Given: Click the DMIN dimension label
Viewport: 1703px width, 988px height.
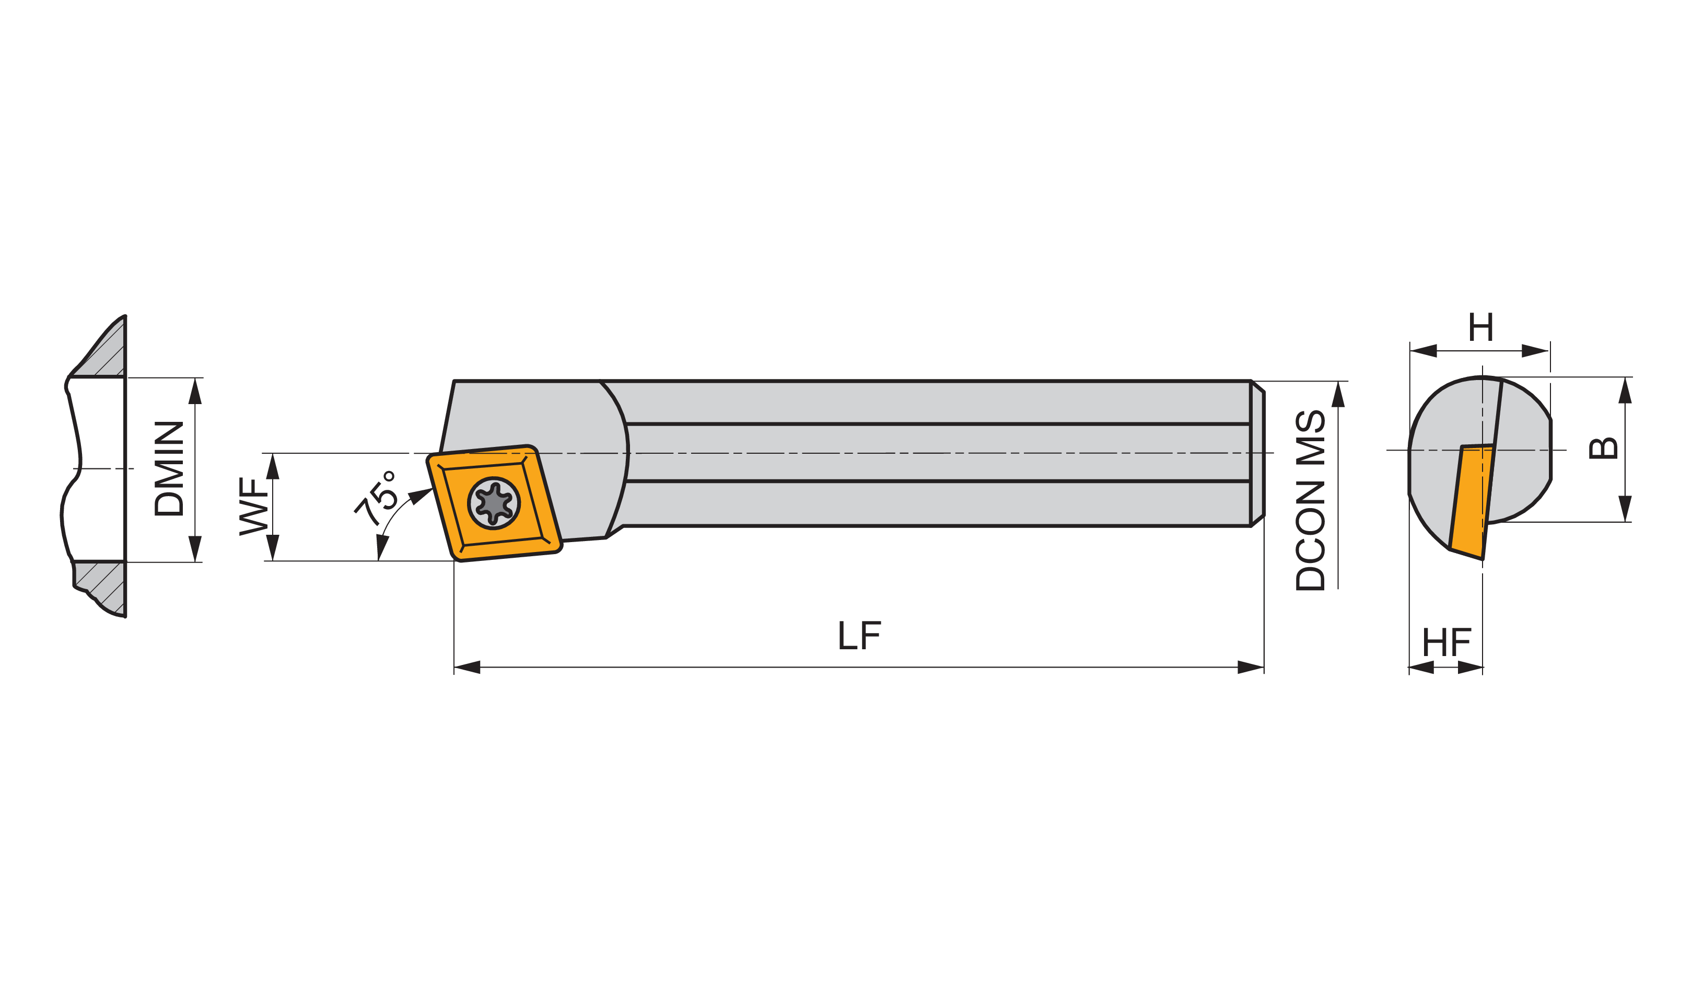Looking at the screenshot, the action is click(x=169, y=468).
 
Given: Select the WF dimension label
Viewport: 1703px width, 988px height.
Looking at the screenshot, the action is click(x=254, y=507).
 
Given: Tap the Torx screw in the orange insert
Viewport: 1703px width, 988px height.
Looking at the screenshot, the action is click(x=494, y=503).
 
